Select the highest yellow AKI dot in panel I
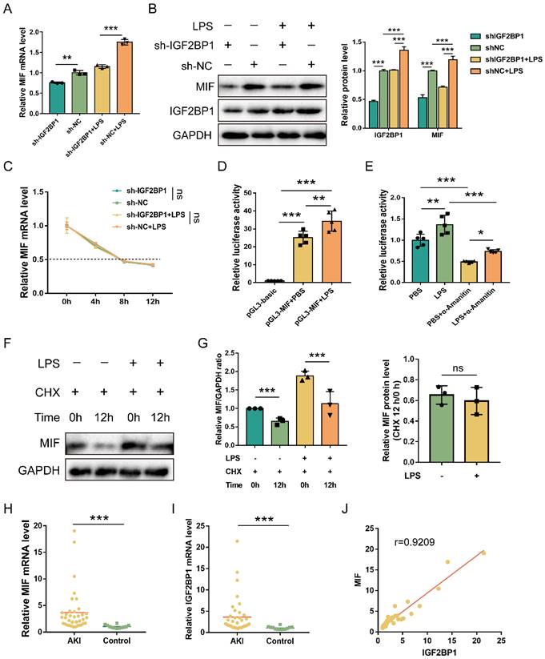tap(238, 542)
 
